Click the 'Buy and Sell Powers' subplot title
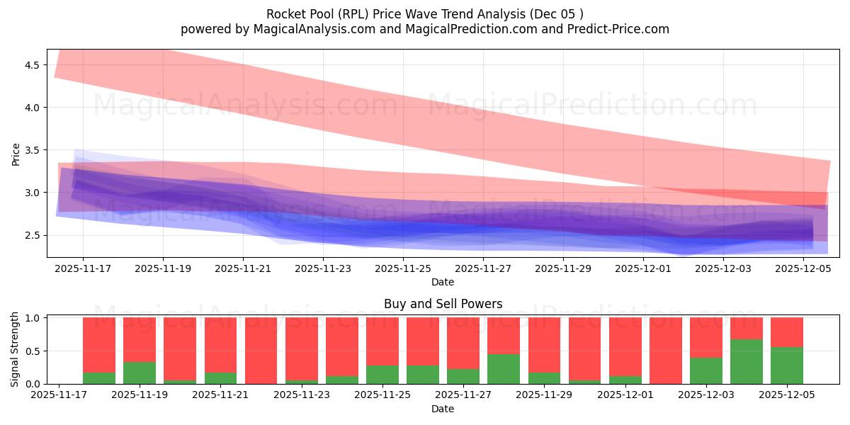tap(443, 304)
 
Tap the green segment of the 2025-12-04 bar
tap(747, 362)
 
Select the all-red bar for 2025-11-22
tap(261, 351)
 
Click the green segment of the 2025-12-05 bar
tap(787, 365)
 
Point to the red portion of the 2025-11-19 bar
tap(140, 339)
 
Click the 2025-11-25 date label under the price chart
tap(403, 269)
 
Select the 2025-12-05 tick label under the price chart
tap(803, 269)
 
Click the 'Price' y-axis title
tap(16, 154)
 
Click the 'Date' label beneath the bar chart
tap(443, 409)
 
